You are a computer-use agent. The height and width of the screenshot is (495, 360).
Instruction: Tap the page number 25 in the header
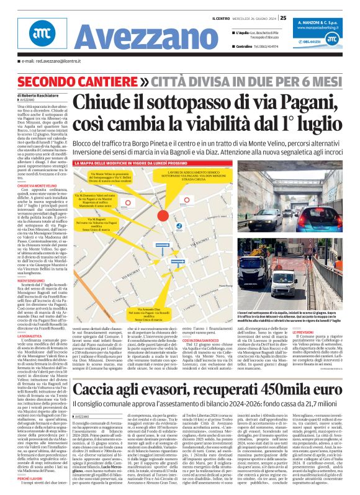(283, 17)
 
